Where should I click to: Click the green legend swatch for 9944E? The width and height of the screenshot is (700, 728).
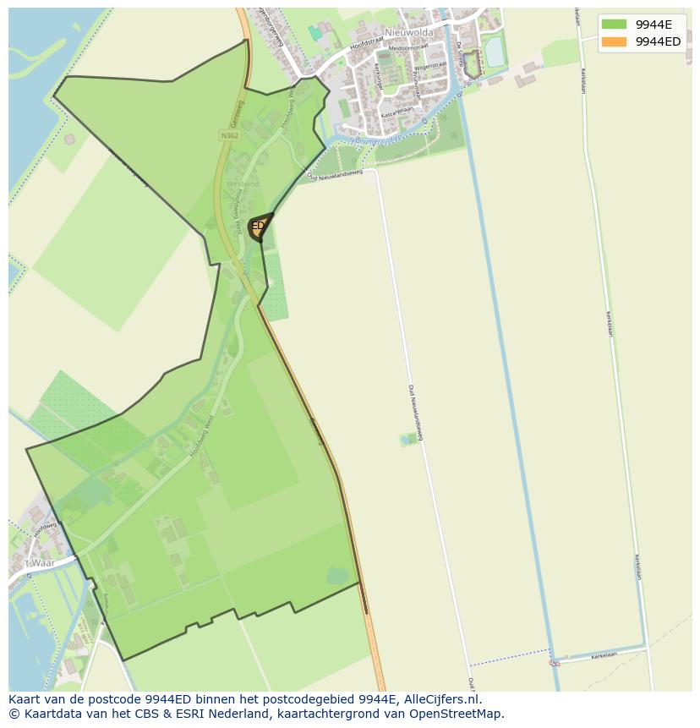(x=615, y=25)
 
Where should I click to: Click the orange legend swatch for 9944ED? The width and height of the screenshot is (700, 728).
(x=615, y=41)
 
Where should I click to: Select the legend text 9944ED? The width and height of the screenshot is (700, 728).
(x=659, y=41)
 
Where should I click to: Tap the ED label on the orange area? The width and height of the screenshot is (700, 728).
(x=258, y=226)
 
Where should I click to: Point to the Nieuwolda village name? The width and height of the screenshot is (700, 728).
(x=408, y=32)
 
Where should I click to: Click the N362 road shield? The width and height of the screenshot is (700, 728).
(x=228, y=135)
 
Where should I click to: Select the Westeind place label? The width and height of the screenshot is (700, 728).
(x=243, y=183)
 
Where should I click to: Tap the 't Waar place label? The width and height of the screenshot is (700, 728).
(x=39, y=563)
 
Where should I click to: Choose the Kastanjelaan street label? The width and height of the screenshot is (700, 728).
(x=396, y=111)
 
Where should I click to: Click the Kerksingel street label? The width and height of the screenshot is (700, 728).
(x=378, y=78)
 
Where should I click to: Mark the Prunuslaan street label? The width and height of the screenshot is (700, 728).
(x=417, y=83)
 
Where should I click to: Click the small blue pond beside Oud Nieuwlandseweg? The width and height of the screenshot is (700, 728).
(x=409, y=439)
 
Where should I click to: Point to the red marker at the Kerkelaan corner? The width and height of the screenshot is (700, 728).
(x=555, y=663)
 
